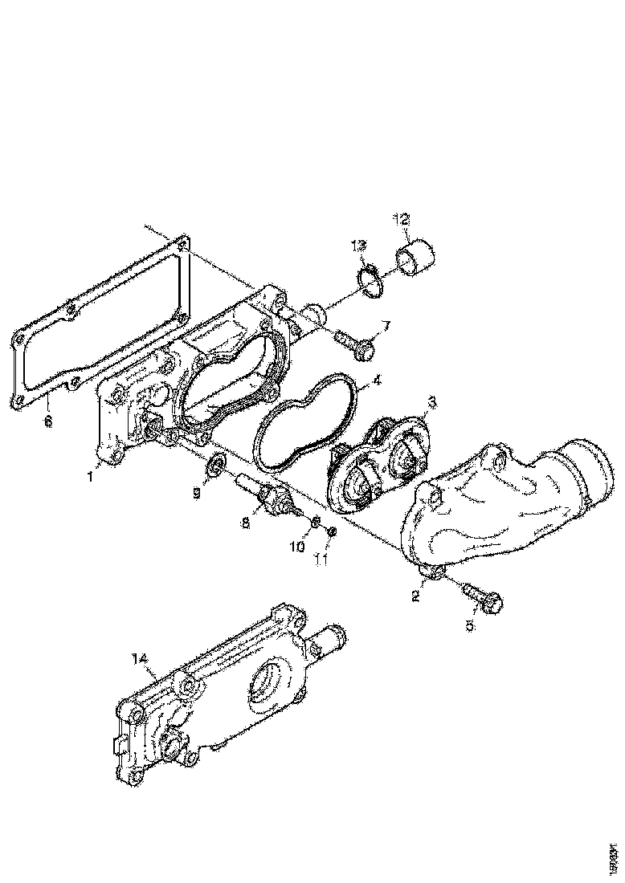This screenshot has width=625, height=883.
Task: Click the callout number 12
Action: pos(402,218)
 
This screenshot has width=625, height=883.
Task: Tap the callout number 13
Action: pos(359,246)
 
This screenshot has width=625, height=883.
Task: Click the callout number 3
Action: pos(431,400)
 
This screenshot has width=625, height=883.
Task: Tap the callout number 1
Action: pos(91,476)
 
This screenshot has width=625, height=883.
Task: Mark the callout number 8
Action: pos(246,522)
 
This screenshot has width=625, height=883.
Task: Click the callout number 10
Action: pos(297,547)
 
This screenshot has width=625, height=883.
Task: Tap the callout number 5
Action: pos(471,624)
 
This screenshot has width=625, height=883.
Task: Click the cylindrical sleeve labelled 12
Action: pos(415,258)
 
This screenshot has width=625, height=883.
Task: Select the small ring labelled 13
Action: pos(371,280)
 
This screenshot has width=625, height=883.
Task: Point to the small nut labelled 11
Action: pos(333,532)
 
